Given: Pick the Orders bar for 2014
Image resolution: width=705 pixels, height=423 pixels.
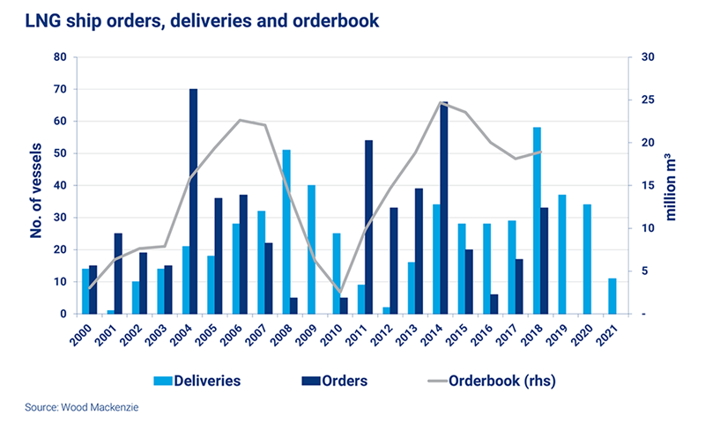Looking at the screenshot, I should [x=444, y=208].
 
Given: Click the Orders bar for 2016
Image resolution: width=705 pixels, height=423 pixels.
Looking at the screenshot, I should [x=494, y=304].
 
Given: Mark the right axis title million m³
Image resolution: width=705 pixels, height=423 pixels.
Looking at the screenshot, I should [x=679, y=185].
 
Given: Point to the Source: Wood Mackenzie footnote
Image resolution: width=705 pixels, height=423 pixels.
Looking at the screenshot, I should [x=75, y=407].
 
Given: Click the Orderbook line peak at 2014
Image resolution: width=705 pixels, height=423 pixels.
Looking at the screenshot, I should [x=439, y=102].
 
